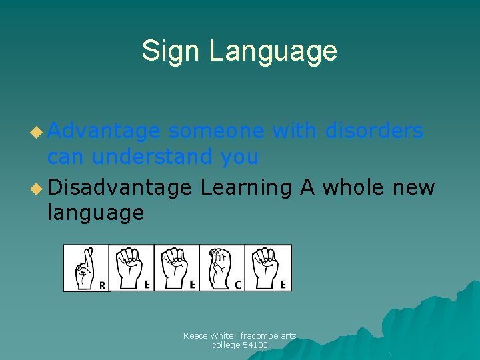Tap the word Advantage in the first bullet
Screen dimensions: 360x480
[x=103, y=132]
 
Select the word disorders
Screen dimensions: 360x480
[x=374, y=131]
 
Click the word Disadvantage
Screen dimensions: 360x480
[x=119, y=187]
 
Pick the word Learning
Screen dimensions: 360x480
[x=246, y=189]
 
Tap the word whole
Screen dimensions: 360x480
[x=353, y=187]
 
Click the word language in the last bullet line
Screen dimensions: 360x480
[x=95, y=213]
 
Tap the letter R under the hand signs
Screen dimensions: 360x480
[x=102, y=285]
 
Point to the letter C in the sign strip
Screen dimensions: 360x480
[x=237, y=285]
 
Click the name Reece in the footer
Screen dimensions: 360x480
[x=196, y=336]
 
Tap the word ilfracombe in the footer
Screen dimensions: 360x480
[x=250, y=336]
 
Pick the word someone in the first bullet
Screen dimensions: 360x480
[x=216, y=131]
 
